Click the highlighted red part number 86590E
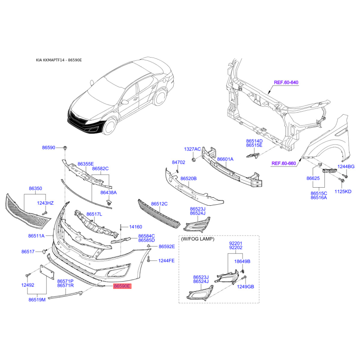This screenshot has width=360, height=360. tap(122, 286)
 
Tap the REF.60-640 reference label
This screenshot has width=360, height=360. tap(286, 82)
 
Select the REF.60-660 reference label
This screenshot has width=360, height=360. tap(283, 163)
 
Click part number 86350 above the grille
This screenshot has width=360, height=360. tap(36, 189)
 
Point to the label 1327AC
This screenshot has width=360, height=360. tap(193, 149)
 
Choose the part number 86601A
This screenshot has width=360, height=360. tap(225, 159)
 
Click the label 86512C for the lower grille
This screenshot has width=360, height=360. tap(159, 204)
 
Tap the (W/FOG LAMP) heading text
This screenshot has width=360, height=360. tap(198, 239)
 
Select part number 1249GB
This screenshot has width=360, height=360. tap(245, 287)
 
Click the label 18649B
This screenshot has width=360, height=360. tap(242, 261)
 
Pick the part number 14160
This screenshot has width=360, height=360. tap(136, 227)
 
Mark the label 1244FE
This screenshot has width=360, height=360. tap(166, 261)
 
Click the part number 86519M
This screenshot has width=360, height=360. tap(37, 300)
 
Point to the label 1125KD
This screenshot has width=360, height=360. tap(343, 192)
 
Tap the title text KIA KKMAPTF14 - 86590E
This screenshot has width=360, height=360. tap(59, 60)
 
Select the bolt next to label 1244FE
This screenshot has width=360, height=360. tap(149, 260)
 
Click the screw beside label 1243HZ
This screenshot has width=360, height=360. tap(44, 213)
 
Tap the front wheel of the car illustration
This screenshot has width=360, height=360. tap(108, 126)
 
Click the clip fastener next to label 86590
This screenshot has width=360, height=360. tap(65, 148)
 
